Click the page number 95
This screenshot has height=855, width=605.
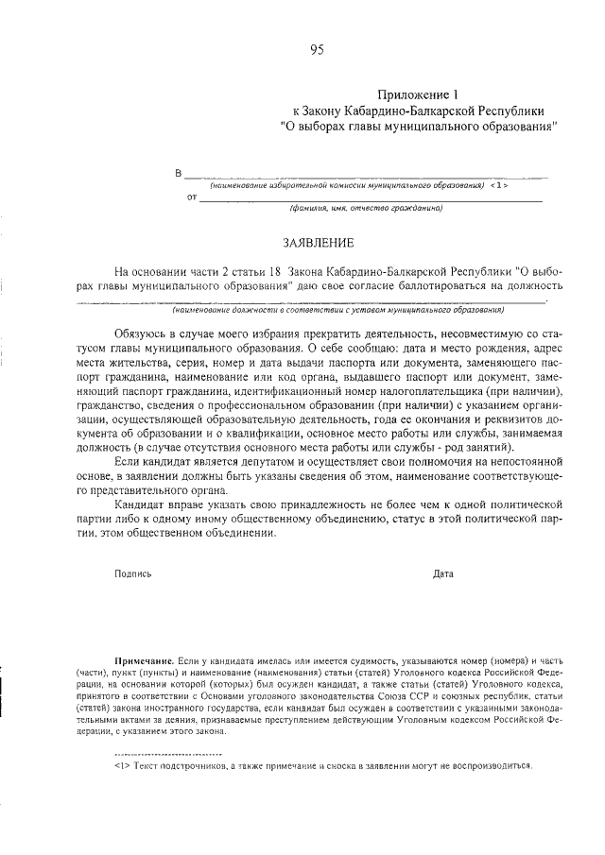[316, 51]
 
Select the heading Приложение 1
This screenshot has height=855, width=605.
[417, 94]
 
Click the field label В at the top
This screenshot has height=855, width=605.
[178, 174]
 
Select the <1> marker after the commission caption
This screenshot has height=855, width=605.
[500, 185]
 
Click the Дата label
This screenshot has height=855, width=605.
[442, 573]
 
